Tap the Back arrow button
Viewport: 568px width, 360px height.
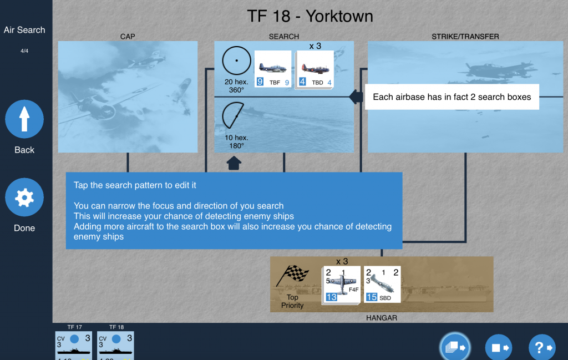(x=24, y=119)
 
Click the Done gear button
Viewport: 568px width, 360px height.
(x=24, y=197)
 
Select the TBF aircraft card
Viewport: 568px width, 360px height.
(x=273, y=69)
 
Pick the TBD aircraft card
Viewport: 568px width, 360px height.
(x=315, y=69)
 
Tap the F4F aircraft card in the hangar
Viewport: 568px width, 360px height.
(x=341, y=285)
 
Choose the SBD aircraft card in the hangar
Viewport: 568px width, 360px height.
(x=382, y=285)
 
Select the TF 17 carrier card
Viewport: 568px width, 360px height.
(x=74, y=346)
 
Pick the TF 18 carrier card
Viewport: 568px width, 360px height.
(x=115, y=346)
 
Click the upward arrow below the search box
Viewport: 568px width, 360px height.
(x=234, y=163)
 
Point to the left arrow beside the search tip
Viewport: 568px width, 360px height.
(x=356, y=97)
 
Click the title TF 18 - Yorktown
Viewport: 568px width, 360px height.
(x=310, y=16)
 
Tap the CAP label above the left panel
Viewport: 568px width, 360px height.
(x=128, y=37)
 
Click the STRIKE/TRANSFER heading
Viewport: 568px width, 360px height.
(x=465, y=37)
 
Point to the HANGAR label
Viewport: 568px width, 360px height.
(x=382, y=318)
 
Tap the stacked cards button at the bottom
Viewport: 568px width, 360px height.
(x=455, y=347)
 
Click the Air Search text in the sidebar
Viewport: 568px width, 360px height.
(x=24, y=30)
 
